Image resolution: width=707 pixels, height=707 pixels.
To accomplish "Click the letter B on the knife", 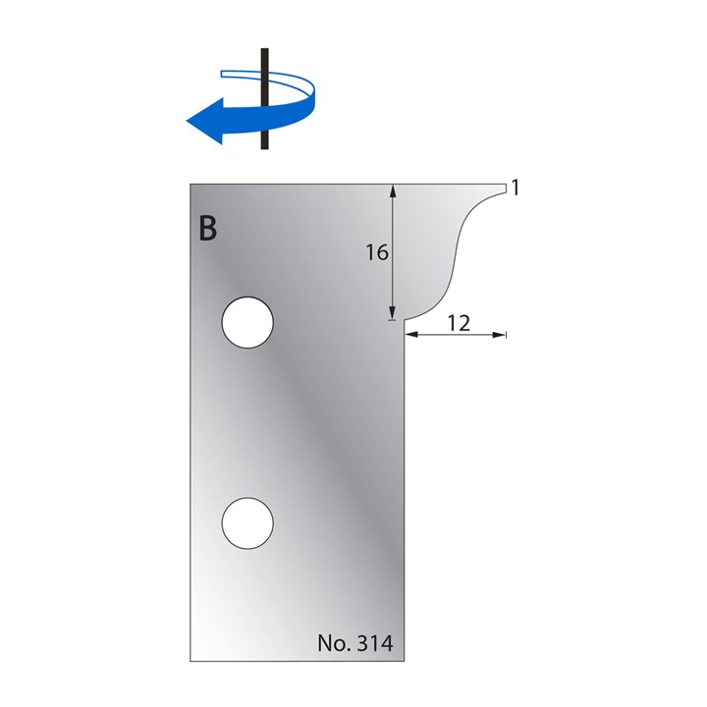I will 207,228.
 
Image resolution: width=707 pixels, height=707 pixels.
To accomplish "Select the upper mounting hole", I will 247,323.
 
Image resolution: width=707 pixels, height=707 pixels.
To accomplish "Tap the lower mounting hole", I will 247,522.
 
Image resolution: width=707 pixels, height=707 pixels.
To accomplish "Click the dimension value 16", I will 377,252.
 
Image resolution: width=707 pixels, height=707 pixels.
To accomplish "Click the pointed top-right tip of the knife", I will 504,187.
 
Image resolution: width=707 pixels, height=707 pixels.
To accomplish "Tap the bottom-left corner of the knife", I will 190,660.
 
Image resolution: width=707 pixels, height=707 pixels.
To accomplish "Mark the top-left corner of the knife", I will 190,184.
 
